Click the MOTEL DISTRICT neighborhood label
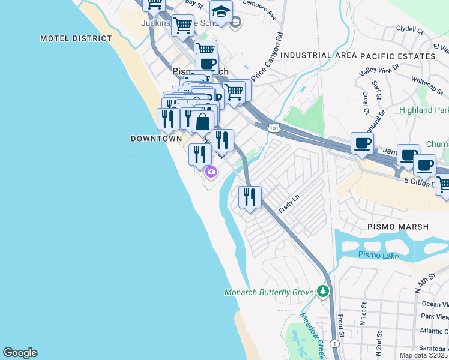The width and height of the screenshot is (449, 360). tap(76, 38)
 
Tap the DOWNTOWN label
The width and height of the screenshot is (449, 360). tap(156, 139)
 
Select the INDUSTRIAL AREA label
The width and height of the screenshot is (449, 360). tap(314, 55)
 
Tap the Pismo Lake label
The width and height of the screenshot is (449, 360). tap(378, 255)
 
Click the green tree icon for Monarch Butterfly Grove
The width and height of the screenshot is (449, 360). tap(324, 292)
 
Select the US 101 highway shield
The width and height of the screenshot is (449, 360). tap(274, 128)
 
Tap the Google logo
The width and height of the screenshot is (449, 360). tap(20, 353)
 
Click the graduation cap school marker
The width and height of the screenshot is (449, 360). tap(221, 12)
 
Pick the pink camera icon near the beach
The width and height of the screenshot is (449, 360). tap(211, 172)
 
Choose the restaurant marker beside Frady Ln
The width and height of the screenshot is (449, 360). tap(250, 196)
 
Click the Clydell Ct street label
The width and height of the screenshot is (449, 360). tap(410, 29)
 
